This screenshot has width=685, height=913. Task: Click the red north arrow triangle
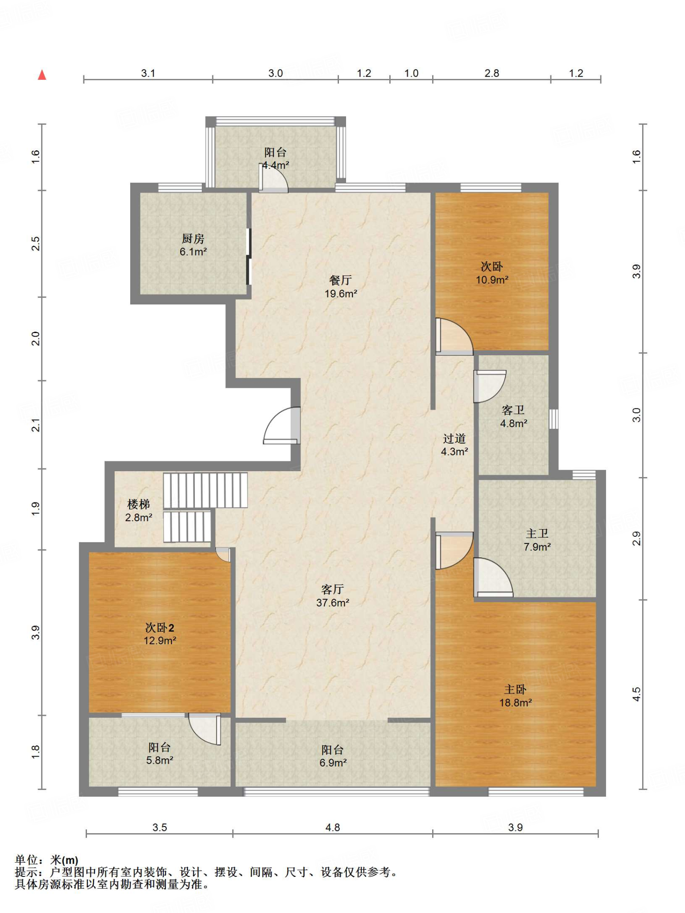click(x=42, y=75)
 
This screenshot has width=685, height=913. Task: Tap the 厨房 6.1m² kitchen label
click(x=193, y=245)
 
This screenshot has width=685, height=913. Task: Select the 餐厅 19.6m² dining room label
click(x=341, y=287)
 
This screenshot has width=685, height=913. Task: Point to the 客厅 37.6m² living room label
click(x=333, y=596)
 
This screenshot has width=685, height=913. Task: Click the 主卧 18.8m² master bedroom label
click(x=516, y=696)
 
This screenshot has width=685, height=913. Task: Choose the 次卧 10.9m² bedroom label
click(x=492, y=273)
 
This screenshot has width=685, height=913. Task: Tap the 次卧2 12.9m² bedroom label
click(x=160, y=634)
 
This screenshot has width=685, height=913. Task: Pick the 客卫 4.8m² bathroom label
click(x=513, y=416)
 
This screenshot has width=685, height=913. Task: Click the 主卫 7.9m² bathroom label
click(x=537, y=540)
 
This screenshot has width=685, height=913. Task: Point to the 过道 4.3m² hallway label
click(x=454, y=445)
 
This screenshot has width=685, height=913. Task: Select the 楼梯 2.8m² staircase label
click(x=138, y=510)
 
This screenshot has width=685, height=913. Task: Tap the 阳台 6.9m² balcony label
click(x=333, y=756)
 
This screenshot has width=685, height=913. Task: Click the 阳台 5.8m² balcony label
click(x=160, y=753)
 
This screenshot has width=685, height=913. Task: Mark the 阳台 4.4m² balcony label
click(x=275, y=159)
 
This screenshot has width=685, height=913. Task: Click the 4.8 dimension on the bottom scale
click(x=333, y=827)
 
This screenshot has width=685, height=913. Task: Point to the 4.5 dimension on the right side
click(x=636, y=694)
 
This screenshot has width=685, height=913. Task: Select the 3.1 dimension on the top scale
click(x=148, y=73)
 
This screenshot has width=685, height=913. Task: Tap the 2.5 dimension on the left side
click(x=36, y=243)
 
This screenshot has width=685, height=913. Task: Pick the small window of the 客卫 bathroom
click(x=553, y=419)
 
